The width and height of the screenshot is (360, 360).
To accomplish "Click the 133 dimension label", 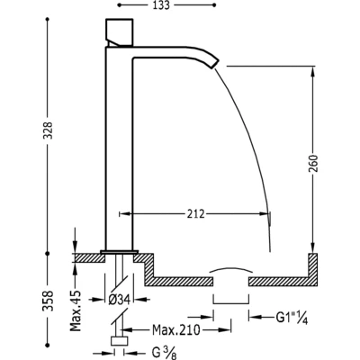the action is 161,5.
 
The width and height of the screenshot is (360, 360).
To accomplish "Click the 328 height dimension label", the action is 48,130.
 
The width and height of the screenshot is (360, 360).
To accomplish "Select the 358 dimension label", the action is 48,300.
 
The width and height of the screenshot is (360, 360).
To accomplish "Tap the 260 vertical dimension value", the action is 313,164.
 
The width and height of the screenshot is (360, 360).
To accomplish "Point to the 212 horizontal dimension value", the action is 196,214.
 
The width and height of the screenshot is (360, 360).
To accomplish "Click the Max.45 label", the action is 76,310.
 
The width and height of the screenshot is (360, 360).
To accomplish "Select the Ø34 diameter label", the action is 119,299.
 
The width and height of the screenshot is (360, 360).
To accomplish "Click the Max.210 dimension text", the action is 175,330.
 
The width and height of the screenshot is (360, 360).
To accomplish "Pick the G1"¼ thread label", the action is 292,317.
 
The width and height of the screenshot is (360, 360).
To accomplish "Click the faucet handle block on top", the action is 120,32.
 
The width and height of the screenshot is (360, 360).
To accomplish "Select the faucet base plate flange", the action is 120,252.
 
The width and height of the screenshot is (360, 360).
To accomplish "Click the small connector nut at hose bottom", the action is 120,341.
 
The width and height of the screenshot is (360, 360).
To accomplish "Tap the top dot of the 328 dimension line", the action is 47,19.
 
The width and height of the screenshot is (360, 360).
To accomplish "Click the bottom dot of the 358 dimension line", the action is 47,345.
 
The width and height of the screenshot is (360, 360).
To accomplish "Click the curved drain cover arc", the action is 230,269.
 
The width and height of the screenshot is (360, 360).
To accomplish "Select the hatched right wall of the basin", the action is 313,269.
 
